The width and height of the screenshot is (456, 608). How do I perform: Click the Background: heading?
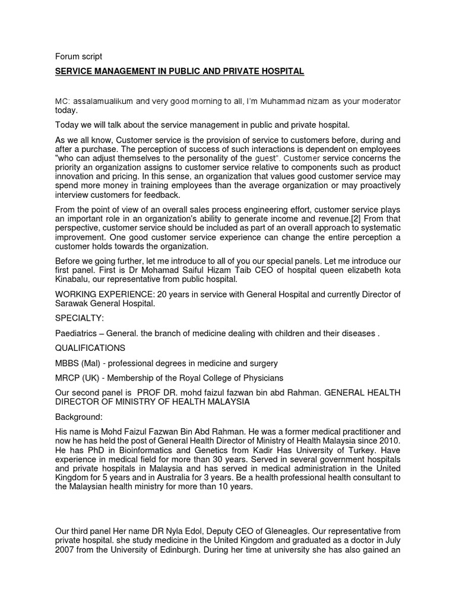point(79,417)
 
